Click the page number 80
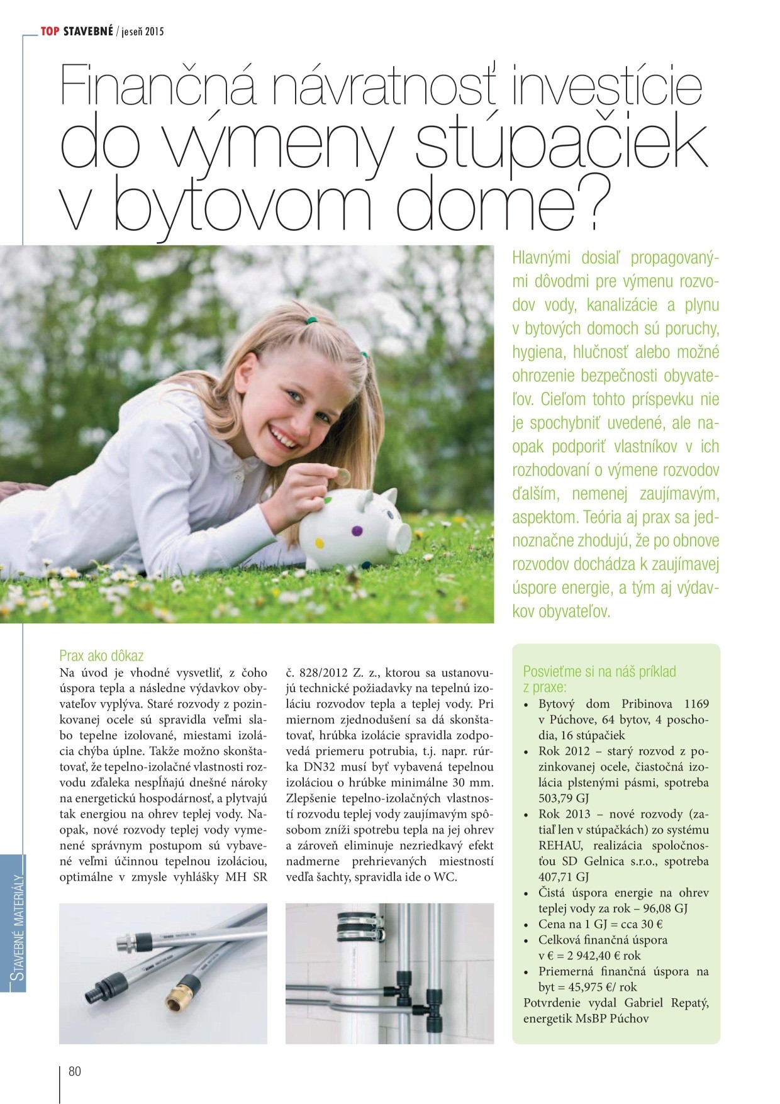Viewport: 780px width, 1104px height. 75,1071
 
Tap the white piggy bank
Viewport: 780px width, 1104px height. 352,528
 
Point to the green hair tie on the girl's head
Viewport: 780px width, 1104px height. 309,320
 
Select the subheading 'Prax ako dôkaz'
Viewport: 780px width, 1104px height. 101,656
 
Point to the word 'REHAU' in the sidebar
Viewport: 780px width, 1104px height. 559,845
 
